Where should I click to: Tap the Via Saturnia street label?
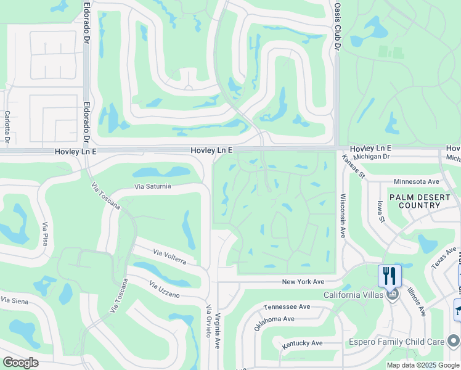[x=152, y=186]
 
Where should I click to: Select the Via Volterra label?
[x=169, y=257]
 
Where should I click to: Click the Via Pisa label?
[x=45, y=234]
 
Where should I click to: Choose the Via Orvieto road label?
[x=209, y=321]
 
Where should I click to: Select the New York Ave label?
[x=303, y=281]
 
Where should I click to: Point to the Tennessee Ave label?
[x=287, y=306]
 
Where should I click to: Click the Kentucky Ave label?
[x=302, y=343]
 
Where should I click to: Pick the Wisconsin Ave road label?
[x=342, y=216]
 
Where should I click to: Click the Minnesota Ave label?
[x=416, y=182]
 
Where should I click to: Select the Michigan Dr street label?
[x=386, y=157]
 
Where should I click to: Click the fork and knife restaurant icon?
[x=389, y=275]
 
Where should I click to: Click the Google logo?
[x=20, y=362]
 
